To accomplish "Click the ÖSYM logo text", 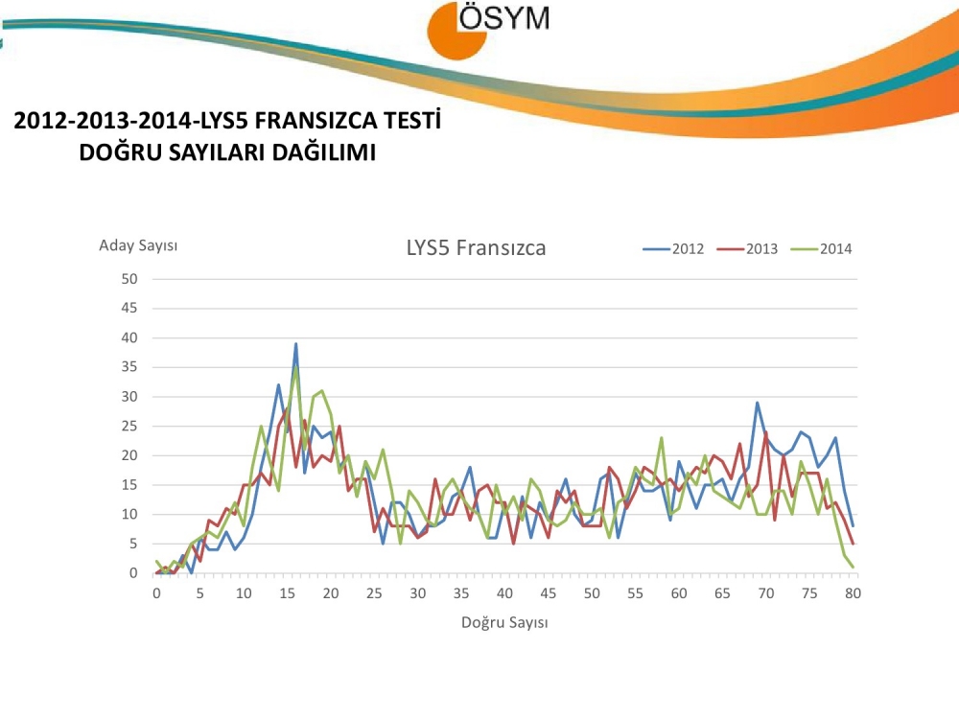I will [x=504, y=19].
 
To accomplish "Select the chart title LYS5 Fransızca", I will [x=476, y=248].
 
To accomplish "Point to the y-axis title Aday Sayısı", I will [x=138, y=245].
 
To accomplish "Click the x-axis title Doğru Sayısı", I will [x=504, y=622].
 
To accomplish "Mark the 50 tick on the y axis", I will [x=130, y=279].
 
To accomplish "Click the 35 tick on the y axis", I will [x=130, y=367].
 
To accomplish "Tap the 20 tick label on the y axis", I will [x=130, y=455].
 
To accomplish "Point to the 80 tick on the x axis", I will [x=853, y=593].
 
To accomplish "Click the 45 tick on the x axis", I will [x=548, y=593].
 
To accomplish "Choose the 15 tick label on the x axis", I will [x=287, y=593].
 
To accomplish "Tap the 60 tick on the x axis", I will [x=679, y=593].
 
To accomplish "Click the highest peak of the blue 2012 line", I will [x=295, y=344].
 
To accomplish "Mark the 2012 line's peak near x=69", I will [x=757, y=403].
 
